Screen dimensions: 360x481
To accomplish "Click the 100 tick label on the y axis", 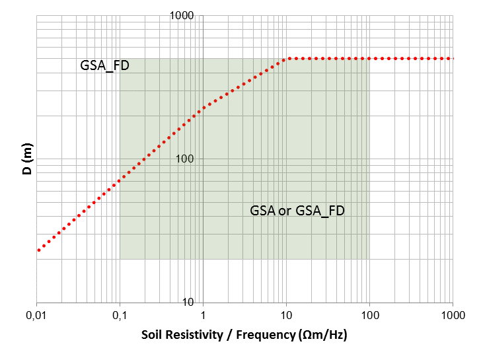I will click(191, 159).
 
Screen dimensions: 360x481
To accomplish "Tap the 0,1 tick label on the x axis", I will click(120, 315).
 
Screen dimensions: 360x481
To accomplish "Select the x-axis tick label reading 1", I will click(203, 315).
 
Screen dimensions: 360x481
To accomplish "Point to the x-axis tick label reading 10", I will click(286, 315).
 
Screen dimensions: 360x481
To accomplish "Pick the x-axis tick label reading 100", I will click(369, 315).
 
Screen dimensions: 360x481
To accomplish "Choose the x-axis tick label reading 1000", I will click(452, 315).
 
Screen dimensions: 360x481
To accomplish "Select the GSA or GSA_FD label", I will click(297, 211).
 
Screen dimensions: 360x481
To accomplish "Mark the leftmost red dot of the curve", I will click(39, 250).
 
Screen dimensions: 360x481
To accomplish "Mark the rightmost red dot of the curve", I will click(452, 59).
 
